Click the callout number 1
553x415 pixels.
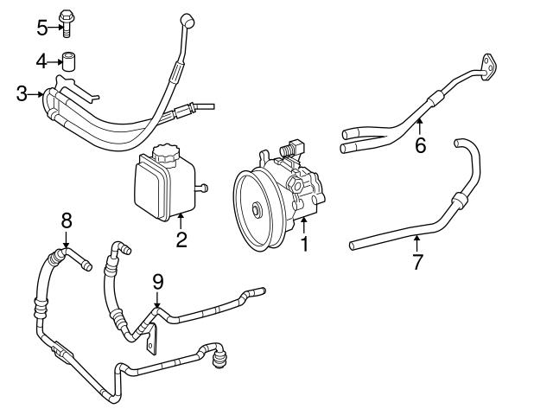click(x=303, y=245)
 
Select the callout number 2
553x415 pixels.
click(x=181, y=239)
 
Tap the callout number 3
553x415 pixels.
click(x=22, y=93)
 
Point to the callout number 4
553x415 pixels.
click(x=41, y=61)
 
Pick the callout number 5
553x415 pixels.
click(x=41, y=27)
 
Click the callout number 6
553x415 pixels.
click(x=420, y=145)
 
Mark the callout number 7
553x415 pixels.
click(x=417, y=262)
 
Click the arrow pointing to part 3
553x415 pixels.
click(x=36, y=93)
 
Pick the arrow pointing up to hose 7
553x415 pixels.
click(x=417, y=242)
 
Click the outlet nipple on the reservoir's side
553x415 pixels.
click(x=204, y=187)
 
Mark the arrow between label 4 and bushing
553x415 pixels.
click(x=53, y=61)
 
